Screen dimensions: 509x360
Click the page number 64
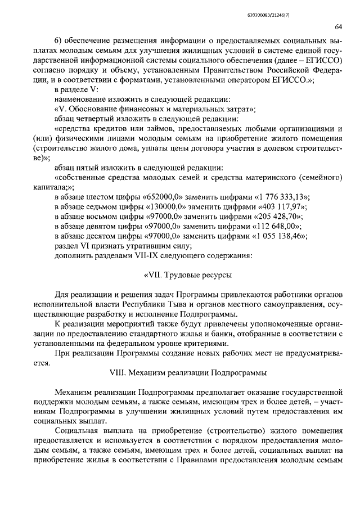pyautogui.click(x=338, y=26)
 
